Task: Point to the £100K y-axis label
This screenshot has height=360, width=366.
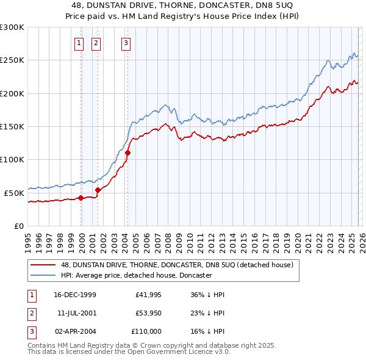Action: click(x=12, y=159)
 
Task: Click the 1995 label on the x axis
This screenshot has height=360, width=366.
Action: click(x=28, y=237)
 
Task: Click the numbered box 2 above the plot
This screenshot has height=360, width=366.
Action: click(x=96, y=43)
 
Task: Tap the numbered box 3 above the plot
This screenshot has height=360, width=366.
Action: click(x=126, y=43)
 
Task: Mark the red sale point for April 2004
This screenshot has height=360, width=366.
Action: click(x=127, y=153)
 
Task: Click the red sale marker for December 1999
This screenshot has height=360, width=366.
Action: click(x=81, y=198)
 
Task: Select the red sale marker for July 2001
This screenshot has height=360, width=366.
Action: click(x=98, y=190)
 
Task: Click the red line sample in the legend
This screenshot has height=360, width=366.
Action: click(x=43, y=265)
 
